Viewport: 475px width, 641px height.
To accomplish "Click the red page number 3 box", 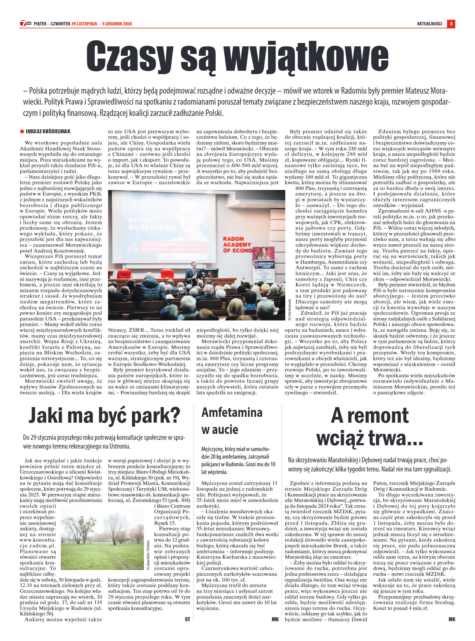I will [x=451, y=23].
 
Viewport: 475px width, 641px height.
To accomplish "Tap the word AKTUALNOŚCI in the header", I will [x=429, y=24].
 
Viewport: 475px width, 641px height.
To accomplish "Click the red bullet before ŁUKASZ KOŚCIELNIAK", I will [x=22, y=131].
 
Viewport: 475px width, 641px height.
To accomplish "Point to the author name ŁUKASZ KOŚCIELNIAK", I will [x=48, y=131].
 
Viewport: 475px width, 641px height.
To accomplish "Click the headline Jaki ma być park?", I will [x=104, y=415].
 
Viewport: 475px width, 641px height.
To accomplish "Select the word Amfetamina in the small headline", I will [x=232, y=412].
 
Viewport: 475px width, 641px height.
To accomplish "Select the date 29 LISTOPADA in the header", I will [x=84, y=24].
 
